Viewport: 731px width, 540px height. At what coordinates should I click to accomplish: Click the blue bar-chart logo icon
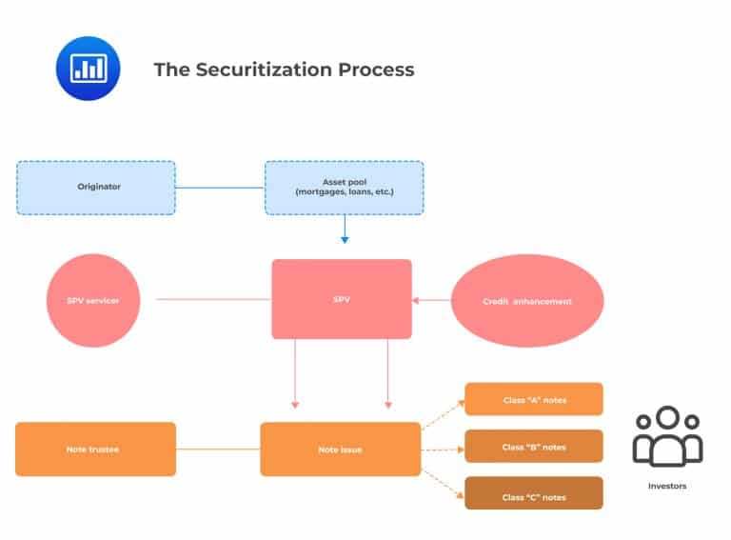pyautogui.click(x=89, y=69)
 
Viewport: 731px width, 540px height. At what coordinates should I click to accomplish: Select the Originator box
pyautogui.click(x=96, y=188)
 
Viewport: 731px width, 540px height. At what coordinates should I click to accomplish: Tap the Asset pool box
pyautogui.click(x=344, y=188)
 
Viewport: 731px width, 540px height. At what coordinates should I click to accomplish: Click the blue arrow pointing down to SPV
pyautogui.click(x=345, y=230)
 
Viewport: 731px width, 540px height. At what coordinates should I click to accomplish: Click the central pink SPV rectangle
pyautogui.click(x=342, y=299)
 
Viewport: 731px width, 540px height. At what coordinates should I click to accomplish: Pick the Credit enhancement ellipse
pyautogui.click(x=526, y=301)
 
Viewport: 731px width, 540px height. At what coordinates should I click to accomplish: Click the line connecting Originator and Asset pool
pyautogui.click(x=220, y=188)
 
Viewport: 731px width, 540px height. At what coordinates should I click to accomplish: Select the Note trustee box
pyautogui.click(x=96, y=449)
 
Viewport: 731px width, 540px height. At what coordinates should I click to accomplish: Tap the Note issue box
pyautogui.click(x=340, y=449)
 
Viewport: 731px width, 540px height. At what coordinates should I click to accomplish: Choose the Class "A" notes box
pyautogui.click(x=534, y=399)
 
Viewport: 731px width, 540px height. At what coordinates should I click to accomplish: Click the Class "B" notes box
pyautogui.click(x=534, y=447)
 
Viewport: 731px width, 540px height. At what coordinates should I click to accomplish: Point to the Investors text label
pyautogui.click(x=667, y=486)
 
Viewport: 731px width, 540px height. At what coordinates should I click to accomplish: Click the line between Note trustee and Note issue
pyautogui.click(x=218, y=449)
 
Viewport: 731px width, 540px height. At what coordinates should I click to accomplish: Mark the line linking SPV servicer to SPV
pyautogui.click(x=213, y=300)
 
